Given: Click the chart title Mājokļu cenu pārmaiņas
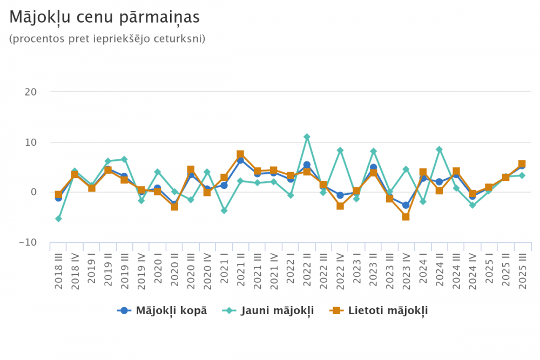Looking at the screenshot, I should [x=105, y=18].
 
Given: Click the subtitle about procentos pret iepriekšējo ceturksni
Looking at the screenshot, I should [x=107, y=39].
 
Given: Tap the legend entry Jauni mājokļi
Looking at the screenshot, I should [x=268, y=310].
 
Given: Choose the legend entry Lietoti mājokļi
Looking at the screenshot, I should [x=380, y=310].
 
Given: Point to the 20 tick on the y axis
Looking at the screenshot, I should [x=30, y=92].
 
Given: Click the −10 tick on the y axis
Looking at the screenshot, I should [x=28, y=242].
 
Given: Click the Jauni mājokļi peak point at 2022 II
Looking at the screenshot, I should [x=307, y=137].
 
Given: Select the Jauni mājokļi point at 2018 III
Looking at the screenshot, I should [x=58, y=219].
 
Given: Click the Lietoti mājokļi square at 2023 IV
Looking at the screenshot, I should [x=406, y=217].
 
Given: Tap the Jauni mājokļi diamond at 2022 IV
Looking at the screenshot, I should [x=340, y=151].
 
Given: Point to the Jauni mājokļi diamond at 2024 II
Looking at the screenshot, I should [x=439, y=150].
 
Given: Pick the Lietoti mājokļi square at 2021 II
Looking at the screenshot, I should [x=240, y=154].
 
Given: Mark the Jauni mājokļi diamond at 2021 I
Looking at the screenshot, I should [x=224, y=210].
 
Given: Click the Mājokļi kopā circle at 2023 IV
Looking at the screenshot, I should [x=406, y=205].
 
